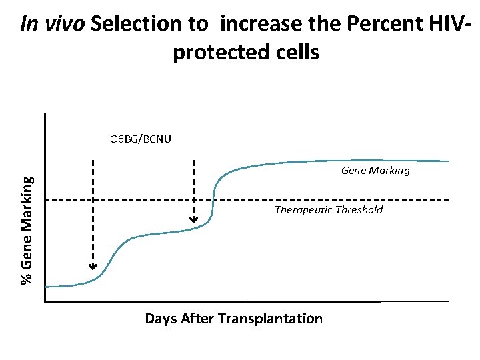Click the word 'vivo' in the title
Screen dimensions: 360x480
pos(62,25)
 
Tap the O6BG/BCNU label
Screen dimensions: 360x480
pos(141,139)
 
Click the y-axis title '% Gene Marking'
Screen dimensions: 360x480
pos(27,229)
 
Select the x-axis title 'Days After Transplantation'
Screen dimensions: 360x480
pos(233,319)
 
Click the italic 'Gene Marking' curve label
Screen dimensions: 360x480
pos(375,171)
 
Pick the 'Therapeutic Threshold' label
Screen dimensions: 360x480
pos(329,210)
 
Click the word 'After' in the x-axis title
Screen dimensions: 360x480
pos(197,319)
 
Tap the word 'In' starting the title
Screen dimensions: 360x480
pos(29,25)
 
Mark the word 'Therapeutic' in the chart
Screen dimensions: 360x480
pos(303,210)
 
